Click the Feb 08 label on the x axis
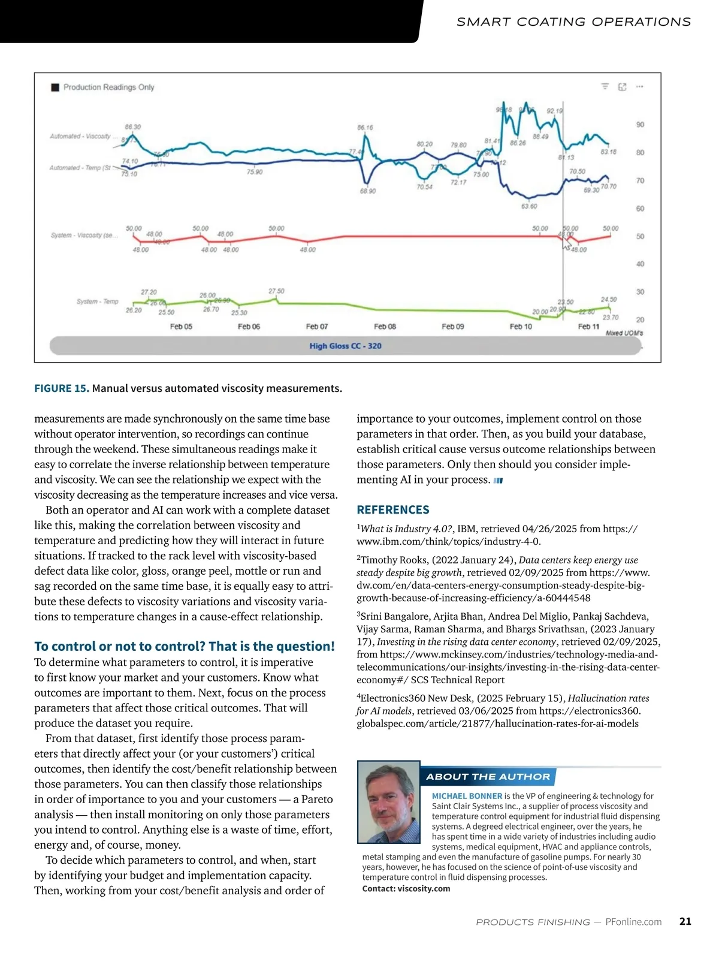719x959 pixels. coord(385,327)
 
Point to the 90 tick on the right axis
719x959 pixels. coord(640,125)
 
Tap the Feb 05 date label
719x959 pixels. coord(181,327)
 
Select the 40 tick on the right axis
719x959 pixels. coord(640,264)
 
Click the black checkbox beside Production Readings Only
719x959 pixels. coord(55,88)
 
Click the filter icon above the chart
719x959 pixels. coord(605,87)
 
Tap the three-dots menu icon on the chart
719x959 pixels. coord(639,87)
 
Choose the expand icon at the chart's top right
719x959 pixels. coord(622,87)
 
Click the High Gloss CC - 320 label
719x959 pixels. coord(345,346)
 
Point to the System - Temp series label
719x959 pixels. coord(97,301)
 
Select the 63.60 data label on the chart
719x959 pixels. coord(529,206)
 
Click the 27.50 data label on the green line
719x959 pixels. coord(276,291)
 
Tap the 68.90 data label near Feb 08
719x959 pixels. coord(368,191)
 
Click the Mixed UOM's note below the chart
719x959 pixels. coord(624,333)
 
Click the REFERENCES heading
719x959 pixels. coord(393,510)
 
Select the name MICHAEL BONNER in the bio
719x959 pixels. coord(467,796)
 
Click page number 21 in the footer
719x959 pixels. coord(685,921)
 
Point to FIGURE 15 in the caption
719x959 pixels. coord(62,388)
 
